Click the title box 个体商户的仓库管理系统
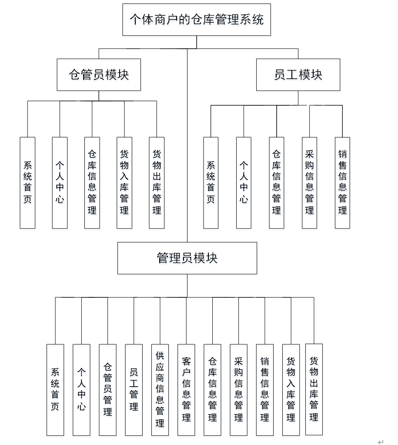(x=197, y=20)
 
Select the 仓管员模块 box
(x=99, y=75)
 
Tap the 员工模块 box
(x=298, y=75)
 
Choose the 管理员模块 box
(x=187, y=258)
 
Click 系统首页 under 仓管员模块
(x=27, y=183)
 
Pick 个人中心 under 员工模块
(x=244, y=183)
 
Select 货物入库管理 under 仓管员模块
(x=124, y=183)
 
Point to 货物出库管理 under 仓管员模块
(x=157, y=183)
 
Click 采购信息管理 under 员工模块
(x=309, y=183)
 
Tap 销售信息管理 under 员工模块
(x=342, y=183)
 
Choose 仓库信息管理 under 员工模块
(x=277, y=183)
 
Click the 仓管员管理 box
(x=107, y=390)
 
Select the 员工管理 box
(x=134, y=390)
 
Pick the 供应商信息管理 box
(x=160, y=390)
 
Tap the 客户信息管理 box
(x=186, y=390)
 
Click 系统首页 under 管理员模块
(x=55, y=390)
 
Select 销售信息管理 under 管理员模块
(x=264, y=390)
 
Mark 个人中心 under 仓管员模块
(x=60, y=183)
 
